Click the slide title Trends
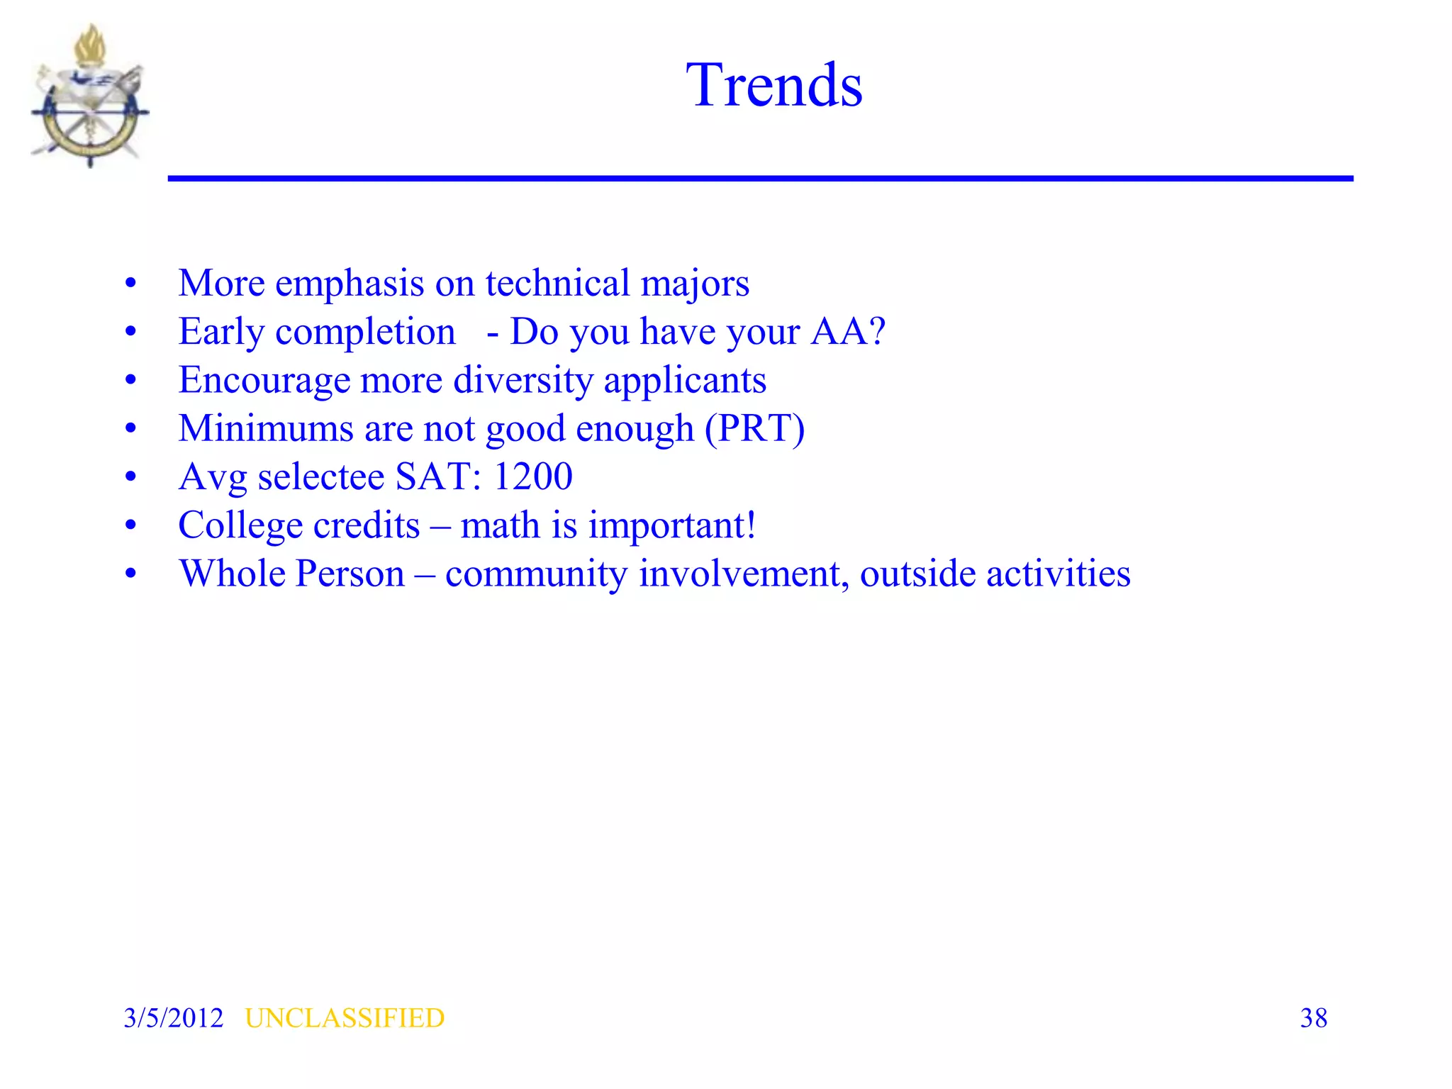774,85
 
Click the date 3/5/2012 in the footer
173,1018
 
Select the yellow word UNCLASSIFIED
345,1018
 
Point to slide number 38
1313,1018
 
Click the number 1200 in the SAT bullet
532,476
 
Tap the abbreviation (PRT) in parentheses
754,428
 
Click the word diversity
523,380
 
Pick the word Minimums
266,428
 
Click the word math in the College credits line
501,525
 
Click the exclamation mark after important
750,525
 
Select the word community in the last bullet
536,574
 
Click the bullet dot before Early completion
130,332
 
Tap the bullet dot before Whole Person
130,574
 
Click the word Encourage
264,380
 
